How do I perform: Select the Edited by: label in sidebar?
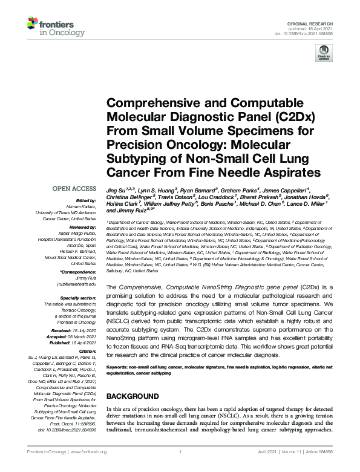click(x=85, y=200)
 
